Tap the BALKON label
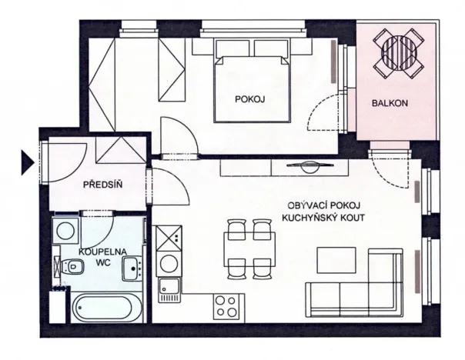[x=389, y=102]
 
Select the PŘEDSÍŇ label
[x=103, y=183]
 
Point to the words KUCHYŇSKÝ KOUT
[x=324, y=218]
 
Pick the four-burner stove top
[x=228, y=306]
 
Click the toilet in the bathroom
[x=74, y=267]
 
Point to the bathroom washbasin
[x=132, y=269]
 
